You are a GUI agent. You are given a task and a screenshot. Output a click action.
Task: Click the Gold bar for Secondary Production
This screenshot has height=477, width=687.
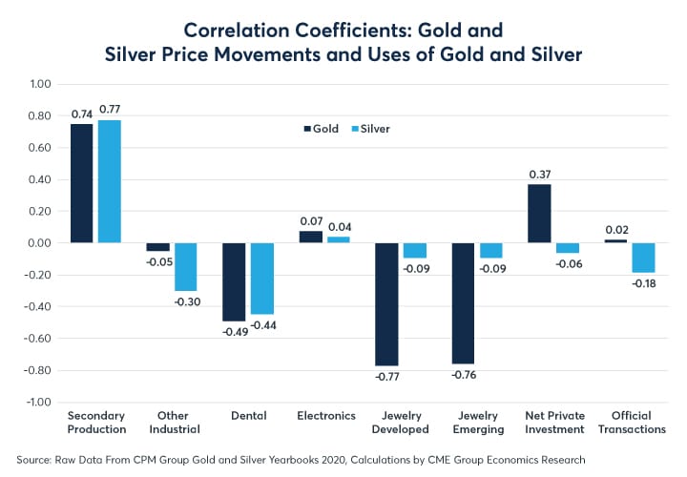coord(81,183)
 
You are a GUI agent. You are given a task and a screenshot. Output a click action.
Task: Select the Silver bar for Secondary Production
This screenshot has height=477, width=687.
coord(109,181)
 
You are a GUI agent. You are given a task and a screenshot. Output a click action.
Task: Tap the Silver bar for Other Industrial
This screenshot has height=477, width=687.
coord(184,266)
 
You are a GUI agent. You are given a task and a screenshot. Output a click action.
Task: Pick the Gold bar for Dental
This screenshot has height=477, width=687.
coord(234,281)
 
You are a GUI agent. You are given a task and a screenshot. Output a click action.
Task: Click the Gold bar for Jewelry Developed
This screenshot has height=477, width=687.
coord(385,304)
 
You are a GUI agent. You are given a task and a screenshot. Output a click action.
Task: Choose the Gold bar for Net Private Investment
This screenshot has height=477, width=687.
coord(539,213)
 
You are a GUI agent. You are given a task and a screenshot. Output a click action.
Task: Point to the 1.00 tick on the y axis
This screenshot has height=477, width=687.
coord(37,84)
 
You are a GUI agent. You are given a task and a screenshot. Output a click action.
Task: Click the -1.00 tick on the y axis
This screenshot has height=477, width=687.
coord(35,402)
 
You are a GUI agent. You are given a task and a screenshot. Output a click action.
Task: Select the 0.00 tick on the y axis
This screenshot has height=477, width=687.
coord(37,243)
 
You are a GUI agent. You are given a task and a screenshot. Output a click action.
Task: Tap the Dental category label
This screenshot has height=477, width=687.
coord(248,416)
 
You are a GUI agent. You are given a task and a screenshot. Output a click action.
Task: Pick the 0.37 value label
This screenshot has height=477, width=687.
coord(539,174)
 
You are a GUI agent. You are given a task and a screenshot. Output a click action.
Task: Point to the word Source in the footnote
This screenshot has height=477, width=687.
coord(35,460)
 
